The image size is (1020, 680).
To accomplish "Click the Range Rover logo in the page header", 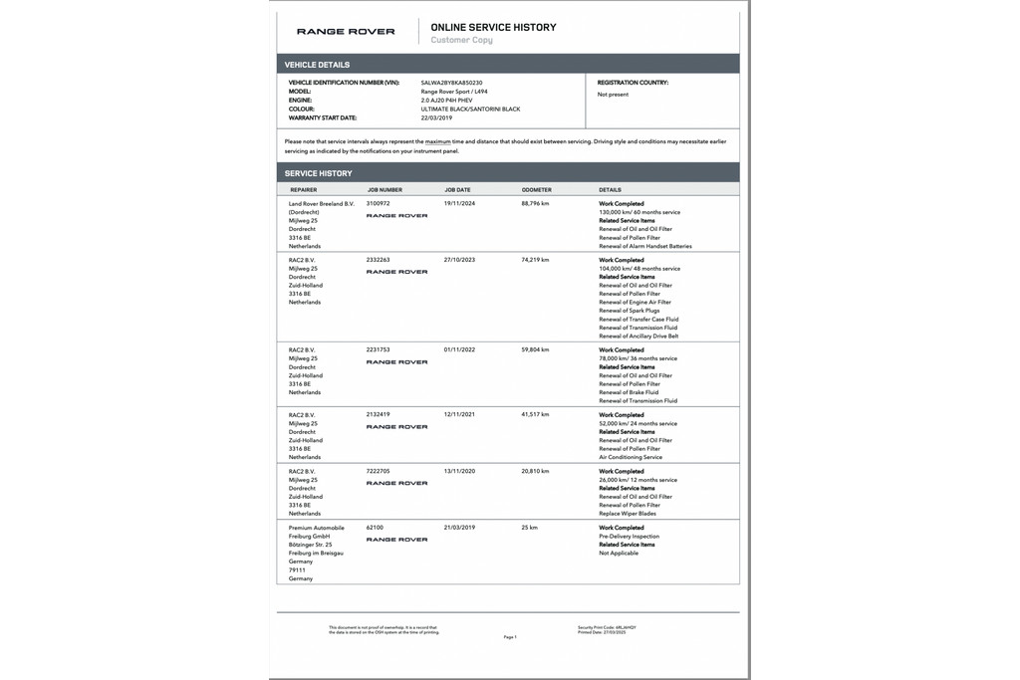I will pos(346,32).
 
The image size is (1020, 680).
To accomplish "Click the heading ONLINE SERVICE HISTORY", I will pos(493,28).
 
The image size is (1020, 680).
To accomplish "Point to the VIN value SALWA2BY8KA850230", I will pos(458,83).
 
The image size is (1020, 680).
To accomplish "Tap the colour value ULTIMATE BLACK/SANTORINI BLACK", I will pos(470,109).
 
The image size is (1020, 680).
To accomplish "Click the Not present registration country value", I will pos(613,95).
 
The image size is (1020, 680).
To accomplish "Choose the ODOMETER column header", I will pos(536,189).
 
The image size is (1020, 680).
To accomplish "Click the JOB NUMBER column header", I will pos(384,189).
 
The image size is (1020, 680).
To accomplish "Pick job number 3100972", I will pos(379,203).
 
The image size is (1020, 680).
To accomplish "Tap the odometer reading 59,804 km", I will pos(535,350).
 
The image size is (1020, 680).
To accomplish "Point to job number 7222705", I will pos(379,471).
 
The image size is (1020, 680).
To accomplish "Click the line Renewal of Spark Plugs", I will pos(629,311).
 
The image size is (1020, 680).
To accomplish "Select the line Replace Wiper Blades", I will pos(628,514).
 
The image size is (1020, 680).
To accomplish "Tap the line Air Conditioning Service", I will pos(631,457).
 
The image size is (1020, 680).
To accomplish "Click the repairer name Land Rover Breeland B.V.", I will pos(321,203).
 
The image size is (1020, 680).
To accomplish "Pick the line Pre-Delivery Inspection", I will pos(629,537).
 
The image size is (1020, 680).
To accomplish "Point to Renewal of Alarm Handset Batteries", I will pos(644,246).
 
